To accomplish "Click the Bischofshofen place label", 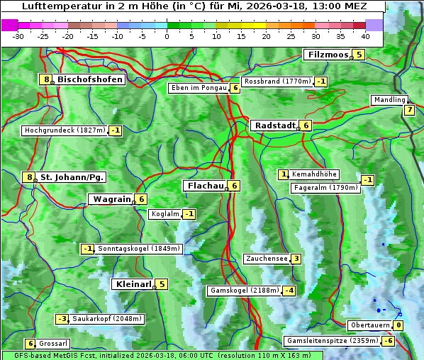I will (90, 80).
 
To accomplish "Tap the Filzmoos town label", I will (328, 55).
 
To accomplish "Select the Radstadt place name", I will (274, 125).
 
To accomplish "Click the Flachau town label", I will (204, 186).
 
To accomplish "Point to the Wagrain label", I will (111, 200).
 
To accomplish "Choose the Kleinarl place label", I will (133, 284).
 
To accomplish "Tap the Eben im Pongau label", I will (198, 88).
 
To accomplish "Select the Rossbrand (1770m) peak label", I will (277, 81).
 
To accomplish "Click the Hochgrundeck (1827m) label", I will (65, 130).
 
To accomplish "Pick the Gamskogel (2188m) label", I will (244, 291).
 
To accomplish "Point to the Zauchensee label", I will (267, 259).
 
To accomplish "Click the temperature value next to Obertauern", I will (399, 325).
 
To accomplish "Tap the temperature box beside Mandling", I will (410, 110).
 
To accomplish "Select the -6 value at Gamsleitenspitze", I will (388, 341).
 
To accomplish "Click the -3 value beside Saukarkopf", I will (62, 319).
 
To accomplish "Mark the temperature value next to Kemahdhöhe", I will (284, 174).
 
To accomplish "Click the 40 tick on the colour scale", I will (365, 36).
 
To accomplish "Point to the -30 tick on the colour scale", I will (18, 36).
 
